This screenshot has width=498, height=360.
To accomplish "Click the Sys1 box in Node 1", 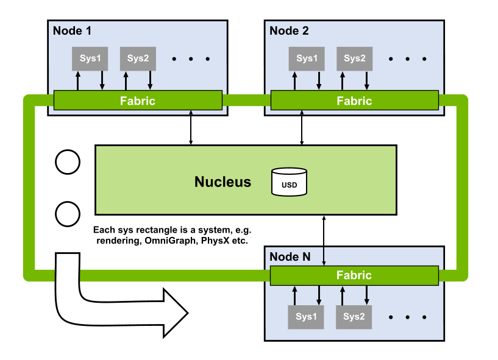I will [90, 58].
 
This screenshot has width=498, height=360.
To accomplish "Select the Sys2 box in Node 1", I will [137, 58].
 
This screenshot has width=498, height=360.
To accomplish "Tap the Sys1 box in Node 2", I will [307, 58].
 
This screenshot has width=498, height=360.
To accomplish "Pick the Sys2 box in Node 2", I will [354, 58].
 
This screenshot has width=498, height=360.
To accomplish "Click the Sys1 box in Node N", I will [306, 317].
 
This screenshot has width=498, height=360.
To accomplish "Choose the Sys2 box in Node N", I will [354, 317].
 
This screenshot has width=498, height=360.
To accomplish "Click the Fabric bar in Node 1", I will [137, 101].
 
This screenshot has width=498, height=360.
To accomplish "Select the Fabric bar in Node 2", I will [354, 101].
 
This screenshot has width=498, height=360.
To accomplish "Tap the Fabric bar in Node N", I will [354, 275].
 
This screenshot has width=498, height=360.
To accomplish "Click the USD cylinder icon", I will [289, 183].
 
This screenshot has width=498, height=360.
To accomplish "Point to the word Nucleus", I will [222, 182].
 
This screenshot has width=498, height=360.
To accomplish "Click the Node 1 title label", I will [73, 30].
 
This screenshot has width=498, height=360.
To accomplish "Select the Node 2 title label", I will [290, 30].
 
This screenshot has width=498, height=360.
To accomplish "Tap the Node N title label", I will [290, 256].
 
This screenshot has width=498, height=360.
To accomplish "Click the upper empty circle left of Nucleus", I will [68, 161].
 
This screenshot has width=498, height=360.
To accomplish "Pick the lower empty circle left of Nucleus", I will [68, 214].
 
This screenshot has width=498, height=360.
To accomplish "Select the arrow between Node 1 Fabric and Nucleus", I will [191, 127].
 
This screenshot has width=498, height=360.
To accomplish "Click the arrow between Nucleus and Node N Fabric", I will [324, 241].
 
